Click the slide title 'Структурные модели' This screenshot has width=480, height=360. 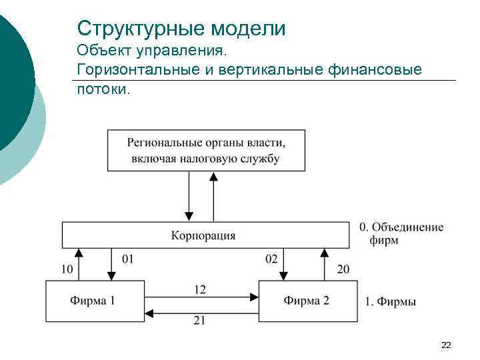[181, 29]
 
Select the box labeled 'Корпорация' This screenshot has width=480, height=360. [203, 235]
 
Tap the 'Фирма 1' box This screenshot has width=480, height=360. [94, 300]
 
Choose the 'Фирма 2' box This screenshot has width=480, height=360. [307, 300]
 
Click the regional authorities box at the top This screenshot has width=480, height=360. [206, 151]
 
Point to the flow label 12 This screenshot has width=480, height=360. [200, 289]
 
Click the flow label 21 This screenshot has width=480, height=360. [199, 321]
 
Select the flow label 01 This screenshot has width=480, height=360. [128, 259]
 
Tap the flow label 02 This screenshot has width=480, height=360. [271, 259]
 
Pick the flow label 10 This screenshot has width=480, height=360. [67, 269]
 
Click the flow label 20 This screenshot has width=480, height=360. [343, 269]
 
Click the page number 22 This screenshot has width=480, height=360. [446, 345]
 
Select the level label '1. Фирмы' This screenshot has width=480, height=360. [391, 302]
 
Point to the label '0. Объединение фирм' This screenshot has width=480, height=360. [401, 233]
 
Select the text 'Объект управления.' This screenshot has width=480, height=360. [152, 50]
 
